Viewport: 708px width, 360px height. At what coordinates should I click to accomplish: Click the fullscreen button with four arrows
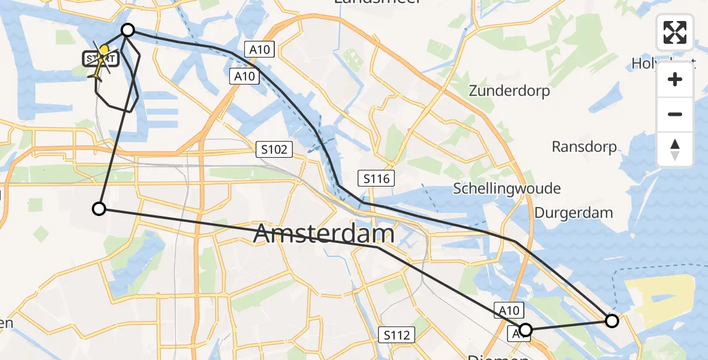[x=675, y=32]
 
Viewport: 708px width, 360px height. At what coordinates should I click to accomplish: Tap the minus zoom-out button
[x=675, y=114]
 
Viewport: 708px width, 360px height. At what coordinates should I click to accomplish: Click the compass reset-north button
[x=675, y=149]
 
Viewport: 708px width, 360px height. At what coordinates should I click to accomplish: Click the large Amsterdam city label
[x=324, y=233]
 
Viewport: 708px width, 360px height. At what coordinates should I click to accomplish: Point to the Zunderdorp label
[x=509, y=92]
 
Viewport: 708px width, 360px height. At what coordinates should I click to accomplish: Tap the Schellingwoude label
[x=507, y=188]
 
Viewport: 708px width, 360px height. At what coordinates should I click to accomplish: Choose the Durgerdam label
[x=574, y=212]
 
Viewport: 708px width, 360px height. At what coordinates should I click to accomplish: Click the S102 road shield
[x=275, y=149]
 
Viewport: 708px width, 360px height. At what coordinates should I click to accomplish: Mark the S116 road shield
[x=377, y=178]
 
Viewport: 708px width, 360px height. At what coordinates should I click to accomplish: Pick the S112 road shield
[x=398, y=335]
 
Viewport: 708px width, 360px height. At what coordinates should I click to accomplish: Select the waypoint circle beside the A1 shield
[x=526, y=329]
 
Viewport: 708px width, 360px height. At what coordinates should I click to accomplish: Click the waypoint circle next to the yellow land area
[x=612, y=321]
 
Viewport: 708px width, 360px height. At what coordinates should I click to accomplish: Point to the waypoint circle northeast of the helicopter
[x=128, y=30]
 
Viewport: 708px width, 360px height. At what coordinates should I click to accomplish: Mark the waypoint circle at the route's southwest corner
[x=99, y=209]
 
